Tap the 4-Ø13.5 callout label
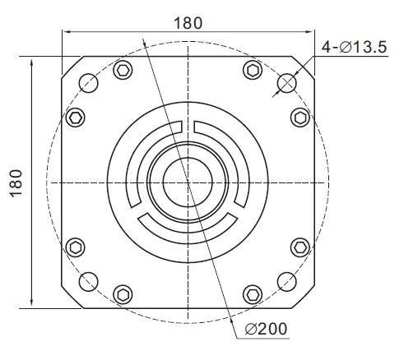point(354,47)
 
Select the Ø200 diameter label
point(267,329)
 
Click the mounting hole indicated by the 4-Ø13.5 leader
point(286,82)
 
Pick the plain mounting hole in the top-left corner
point(87,82)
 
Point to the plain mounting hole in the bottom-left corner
point(87,284)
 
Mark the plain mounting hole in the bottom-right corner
point(286,284)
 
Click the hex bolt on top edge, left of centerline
point(123,70)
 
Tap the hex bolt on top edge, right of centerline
point(251,70)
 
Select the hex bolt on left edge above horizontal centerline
point(74,118)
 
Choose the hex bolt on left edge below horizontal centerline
point(75,247)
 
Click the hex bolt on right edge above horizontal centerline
point(300,118)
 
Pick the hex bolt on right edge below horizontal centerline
point(300,247)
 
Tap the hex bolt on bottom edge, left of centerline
point(123,293)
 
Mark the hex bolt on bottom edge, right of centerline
point(251,293)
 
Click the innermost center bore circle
point(187,182)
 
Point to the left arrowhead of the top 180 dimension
point(67,32)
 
